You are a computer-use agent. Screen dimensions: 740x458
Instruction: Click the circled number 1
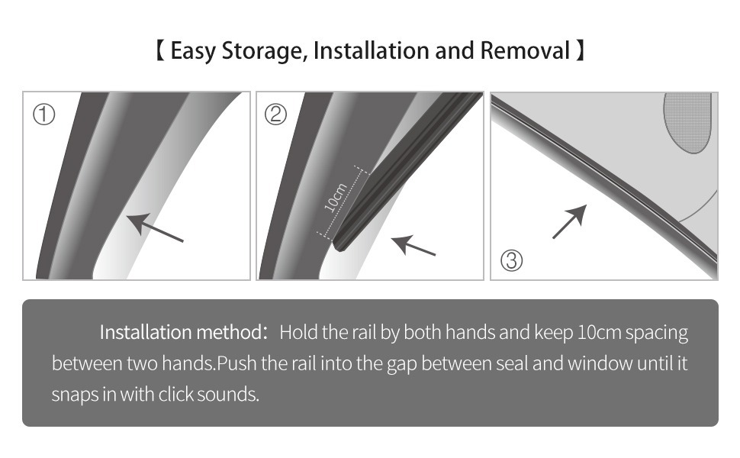44,114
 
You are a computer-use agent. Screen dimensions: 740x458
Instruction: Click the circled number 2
275,114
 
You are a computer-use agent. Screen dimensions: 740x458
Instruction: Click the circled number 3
512,260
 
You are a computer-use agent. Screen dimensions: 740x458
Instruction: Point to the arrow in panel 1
155,227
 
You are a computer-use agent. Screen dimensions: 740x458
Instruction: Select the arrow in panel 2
413,246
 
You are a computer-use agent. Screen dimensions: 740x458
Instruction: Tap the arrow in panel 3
570,221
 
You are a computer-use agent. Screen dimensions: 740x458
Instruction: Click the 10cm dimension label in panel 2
336,196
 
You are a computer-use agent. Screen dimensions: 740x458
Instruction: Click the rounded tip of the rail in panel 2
339,246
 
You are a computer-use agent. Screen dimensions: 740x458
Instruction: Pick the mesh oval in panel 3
687,123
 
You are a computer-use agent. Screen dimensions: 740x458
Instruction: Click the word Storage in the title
262,51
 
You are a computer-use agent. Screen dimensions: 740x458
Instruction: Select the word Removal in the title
525,50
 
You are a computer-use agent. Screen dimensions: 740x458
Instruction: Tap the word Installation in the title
372,50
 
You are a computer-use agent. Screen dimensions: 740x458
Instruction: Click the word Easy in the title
193,51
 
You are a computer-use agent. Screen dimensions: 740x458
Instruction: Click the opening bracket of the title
160,50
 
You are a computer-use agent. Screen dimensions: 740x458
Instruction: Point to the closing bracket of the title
580,50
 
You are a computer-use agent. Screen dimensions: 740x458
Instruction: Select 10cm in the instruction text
599,332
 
